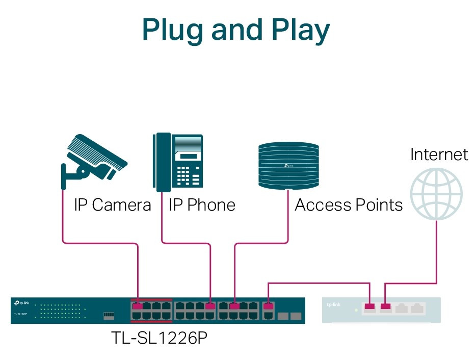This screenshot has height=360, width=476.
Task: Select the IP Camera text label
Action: (113, 205)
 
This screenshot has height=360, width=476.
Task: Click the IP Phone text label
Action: (202, 205)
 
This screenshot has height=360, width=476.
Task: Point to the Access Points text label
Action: (349, 205)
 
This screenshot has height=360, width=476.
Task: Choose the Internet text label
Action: (439, 155)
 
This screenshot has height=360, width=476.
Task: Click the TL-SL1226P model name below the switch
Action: (158, 338)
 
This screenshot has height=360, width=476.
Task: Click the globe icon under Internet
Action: (437, 194)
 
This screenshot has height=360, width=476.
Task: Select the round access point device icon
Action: (288, 164)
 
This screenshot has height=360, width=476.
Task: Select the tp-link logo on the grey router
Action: (333, 305)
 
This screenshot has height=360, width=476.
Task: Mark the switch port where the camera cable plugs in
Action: (137, 307)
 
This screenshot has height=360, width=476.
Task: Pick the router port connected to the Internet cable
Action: (386, 307)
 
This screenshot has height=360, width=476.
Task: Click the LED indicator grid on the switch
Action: (62, 312)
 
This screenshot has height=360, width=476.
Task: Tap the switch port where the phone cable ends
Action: (210, 307)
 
